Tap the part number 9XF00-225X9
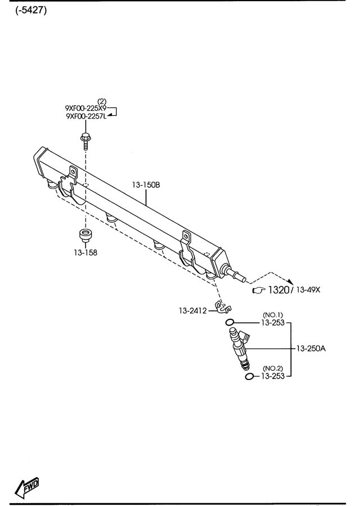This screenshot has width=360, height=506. [86, 108]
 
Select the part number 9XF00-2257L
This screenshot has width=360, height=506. [86, 116]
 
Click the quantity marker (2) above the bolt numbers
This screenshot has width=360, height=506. [102, 101]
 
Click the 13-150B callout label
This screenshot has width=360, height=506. [146, 184]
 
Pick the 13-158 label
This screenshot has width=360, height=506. [84, 252]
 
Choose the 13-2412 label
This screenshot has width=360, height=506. [193, 310]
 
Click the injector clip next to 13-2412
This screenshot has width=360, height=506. [223, 308]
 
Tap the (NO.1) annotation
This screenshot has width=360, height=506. [272, 315]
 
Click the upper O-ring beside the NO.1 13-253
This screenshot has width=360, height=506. [229, 323]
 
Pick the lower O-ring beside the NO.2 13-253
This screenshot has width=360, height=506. [249, 376]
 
